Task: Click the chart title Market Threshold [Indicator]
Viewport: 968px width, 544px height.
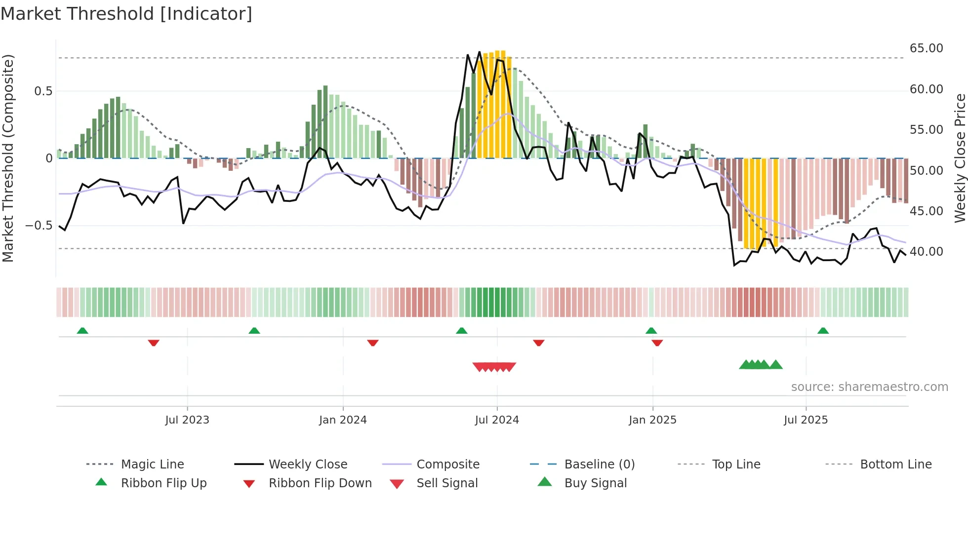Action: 126,14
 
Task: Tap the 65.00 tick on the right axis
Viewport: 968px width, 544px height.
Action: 926,48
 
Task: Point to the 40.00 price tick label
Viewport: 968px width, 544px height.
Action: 926,252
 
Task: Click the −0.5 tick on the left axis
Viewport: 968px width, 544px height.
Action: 39,226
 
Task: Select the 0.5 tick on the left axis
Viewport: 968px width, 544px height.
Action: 43,91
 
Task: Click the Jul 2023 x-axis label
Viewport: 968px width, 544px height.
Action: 187,420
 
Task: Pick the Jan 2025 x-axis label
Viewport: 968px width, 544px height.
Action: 652,420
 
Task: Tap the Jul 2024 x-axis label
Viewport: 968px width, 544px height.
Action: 497,420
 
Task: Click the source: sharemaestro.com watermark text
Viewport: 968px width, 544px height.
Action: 869,387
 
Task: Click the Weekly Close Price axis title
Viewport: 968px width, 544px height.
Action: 960,158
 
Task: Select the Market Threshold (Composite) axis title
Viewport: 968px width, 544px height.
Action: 8,158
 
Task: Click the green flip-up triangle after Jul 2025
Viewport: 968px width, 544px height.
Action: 823,331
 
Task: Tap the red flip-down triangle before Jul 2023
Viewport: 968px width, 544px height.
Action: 154,343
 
